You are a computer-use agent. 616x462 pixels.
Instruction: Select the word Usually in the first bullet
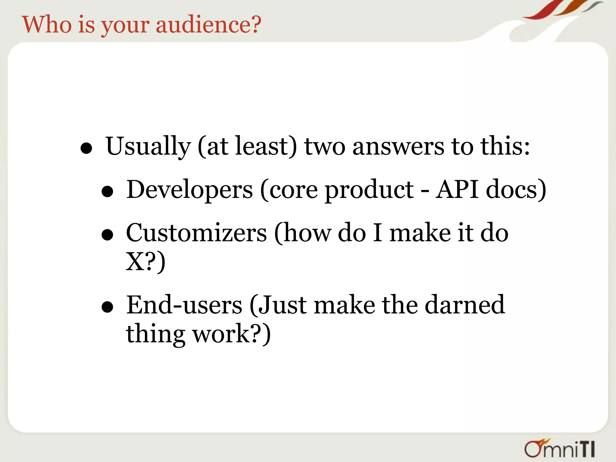coord(148,146)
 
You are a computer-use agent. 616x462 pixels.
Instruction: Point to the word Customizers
coord(196,233)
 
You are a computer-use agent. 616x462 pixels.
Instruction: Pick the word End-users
coord(184,305)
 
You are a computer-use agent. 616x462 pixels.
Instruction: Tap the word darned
coord(465,305)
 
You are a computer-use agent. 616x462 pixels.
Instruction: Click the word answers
coord(398,146)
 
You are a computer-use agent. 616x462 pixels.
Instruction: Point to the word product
coord(369,190)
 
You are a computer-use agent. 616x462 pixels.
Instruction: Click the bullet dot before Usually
coord(86,149)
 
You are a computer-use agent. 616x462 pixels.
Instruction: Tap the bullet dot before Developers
coord(107,192)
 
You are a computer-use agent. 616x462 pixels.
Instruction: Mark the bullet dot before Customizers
coord(107,235)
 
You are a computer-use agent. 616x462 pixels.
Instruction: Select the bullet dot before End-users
coord(107,307)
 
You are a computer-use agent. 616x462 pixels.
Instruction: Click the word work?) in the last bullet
coord(232,334)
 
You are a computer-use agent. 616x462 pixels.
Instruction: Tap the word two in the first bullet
coord(325,146)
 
